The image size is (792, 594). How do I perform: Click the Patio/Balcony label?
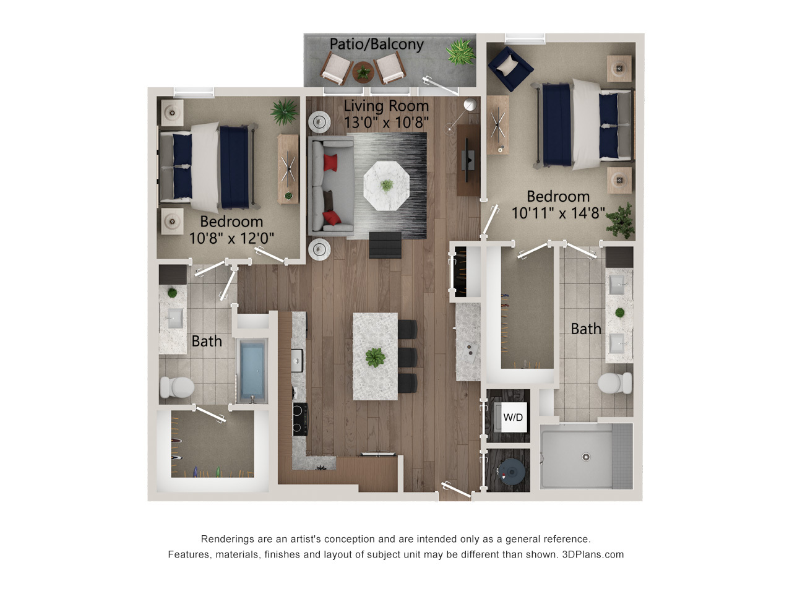pyautogui.click(x=376, y=45)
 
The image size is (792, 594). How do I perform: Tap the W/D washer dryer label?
pyautogui.click(x=513, y=417)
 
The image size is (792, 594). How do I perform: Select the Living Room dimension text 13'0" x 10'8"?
pyautogui.click(x=386, y=123)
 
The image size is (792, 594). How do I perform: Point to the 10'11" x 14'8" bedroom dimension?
pyautogui.click(x=558, y=213)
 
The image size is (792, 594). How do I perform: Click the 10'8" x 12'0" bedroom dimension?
pyautogui.click(x=231, y=238)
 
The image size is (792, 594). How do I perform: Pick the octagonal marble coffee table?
pyautogui.click(x=387, y=186)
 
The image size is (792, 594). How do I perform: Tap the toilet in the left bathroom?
pyautogui.click(x=177, y=387)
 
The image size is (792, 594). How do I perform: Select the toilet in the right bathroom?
pyautogui.click(x=615, y=383)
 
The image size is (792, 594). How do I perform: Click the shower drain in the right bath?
pyautogui.click(x=586, y=457)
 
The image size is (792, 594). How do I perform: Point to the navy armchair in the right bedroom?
pyautogui.click(x=510, y=68)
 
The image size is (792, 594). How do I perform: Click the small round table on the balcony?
pyautogui.click(x=363, y=72)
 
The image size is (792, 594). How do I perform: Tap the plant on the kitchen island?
pyautogui.click(x=375, y=358)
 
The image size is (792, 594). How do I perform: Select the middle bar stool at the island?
pyautogui.click(x=408, y=357)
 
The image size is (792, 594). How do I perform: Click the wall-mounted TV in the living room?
pyautogui.click(x=468, y=161)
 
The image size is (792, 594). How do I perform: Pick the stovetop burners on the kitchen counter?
pyautogui.click(x=300, y=420)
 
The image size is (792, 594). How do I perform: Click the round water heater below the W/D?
pyautogui.click(x=511, y=471)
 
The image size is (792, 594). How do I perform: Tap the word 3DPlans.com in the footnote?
pyautogui.click(x=593, y=554)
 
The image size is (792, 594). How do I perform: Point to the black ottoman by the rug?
pyautogui.click(x=385, y=245)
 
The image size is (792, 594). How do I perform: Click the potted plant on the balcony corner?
pyautogui.click(x=460, y=52)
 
